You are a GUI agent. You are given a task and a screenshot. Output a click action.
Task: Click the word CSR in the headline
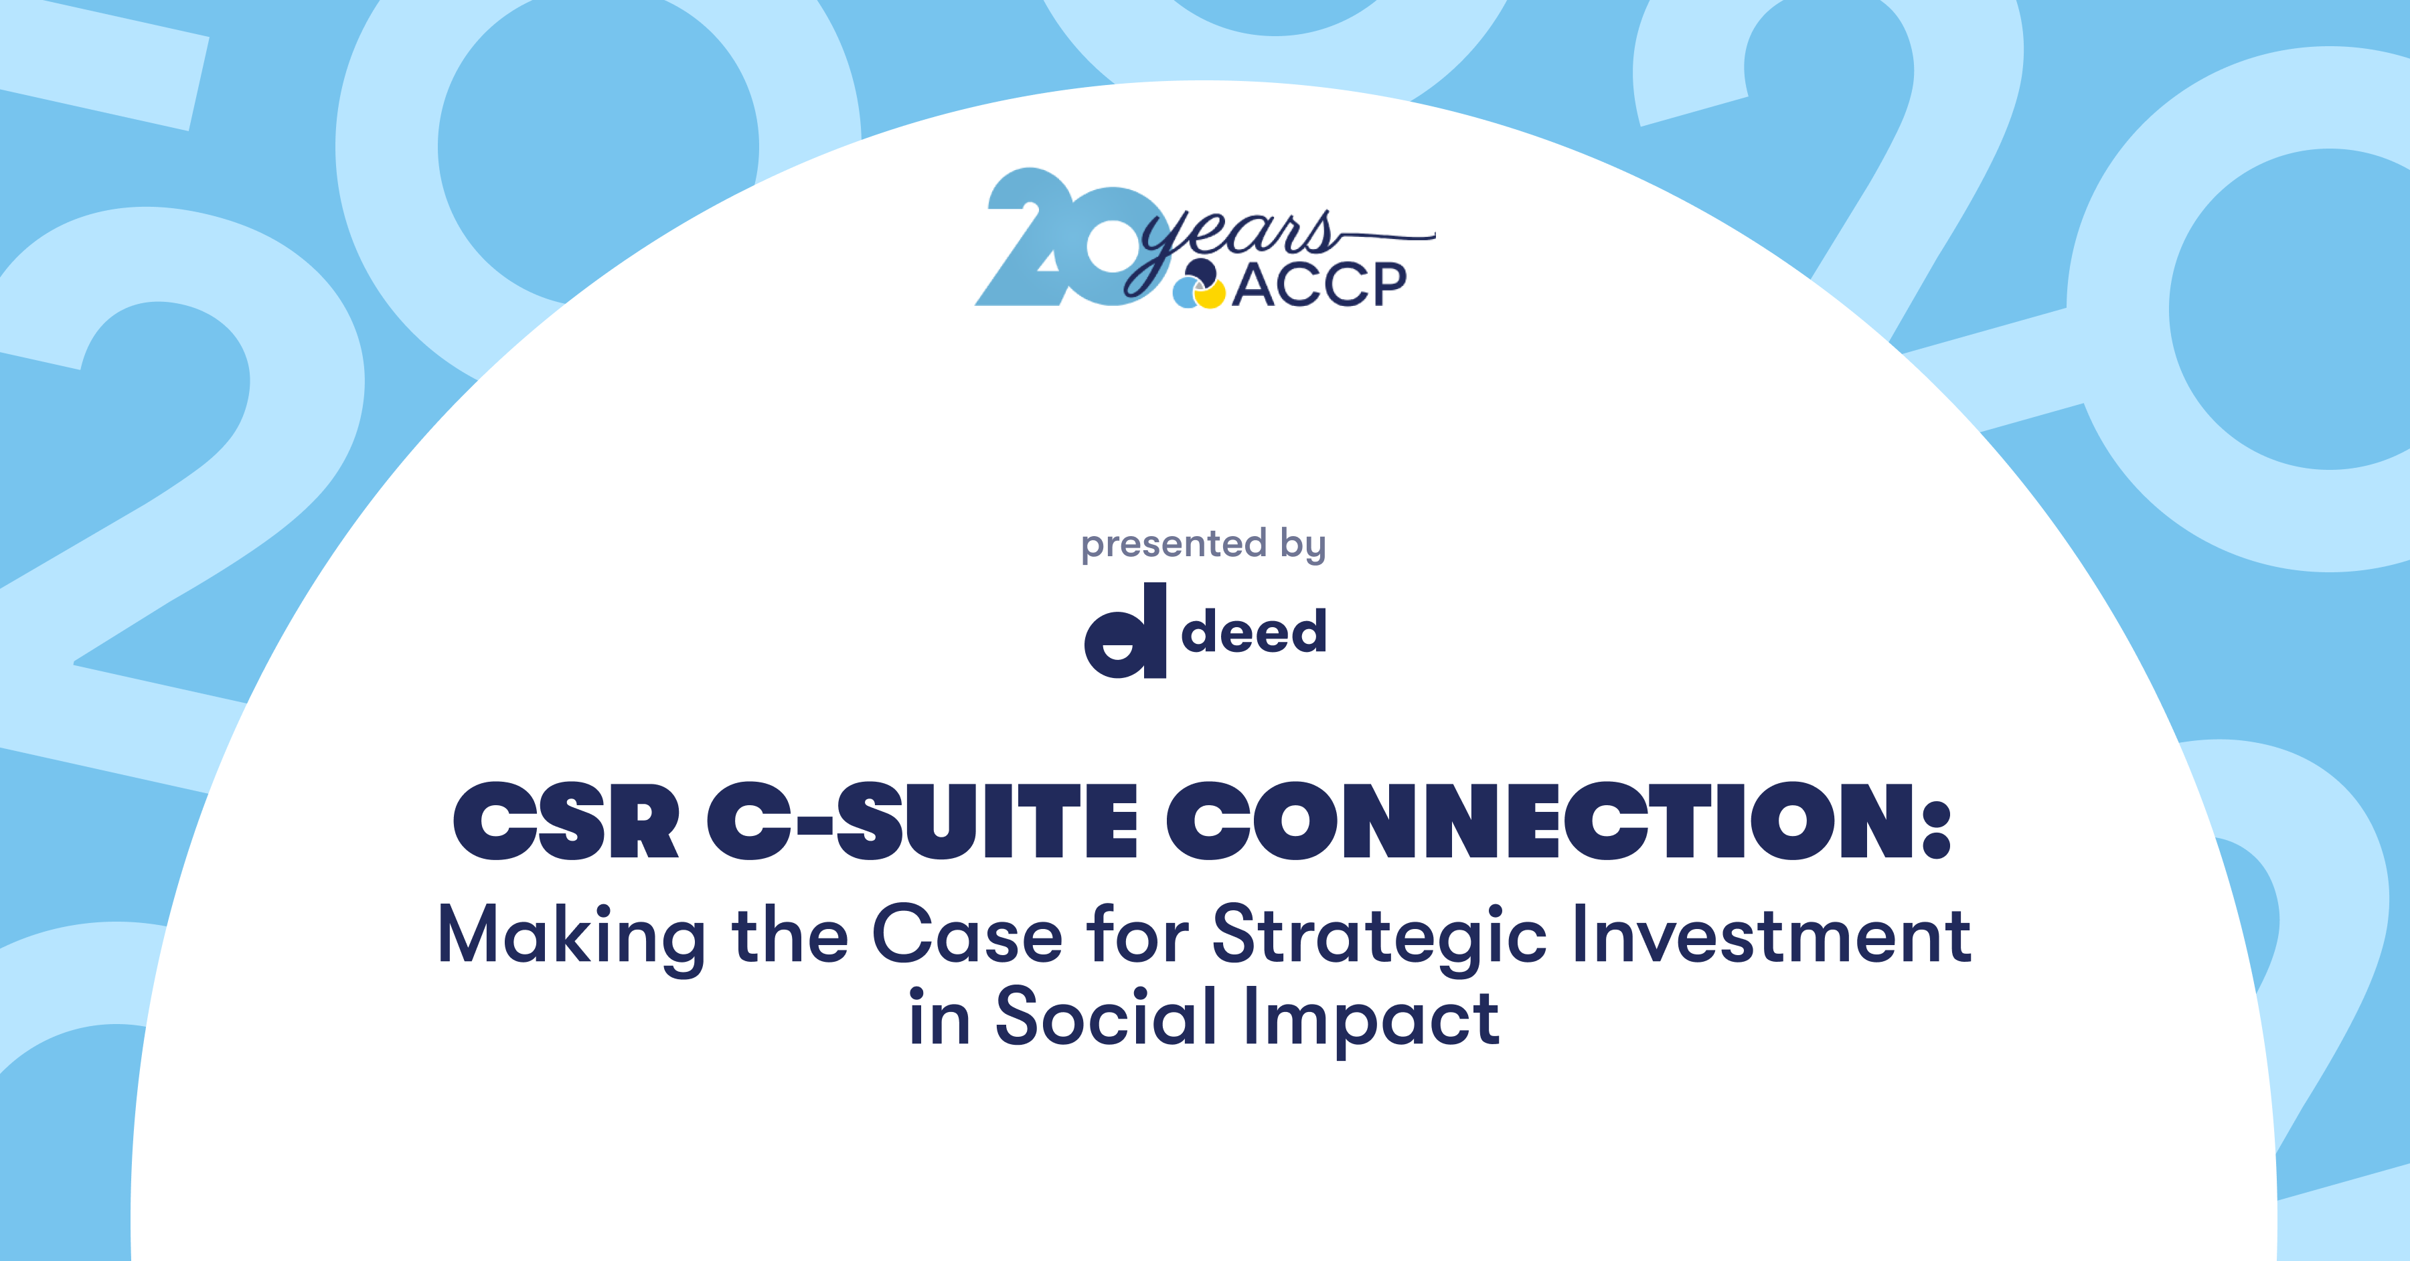click(566, 821)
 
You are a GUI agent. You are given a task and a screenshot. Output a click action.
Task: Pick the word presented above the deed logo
click(1173, 544)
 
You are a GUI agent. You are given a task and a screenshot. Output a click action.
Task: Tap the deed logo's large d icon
click(1125, 630)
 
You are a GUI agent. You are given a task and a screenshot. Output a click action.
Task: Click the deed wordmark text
click(1254, 630)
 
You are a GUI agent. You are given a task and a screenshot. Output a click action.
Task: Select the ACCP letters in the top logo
click(1319, 285)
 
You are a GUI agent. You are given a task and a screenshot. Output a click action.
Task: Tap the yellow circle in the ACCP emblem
click(1210, 296)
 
